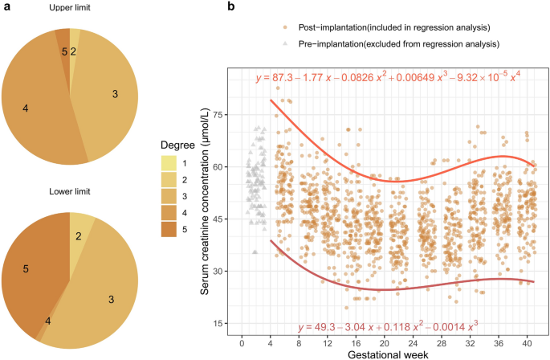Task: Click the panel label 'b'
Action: click(231, 7)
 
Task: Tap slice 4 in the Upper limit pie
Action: click(28, 107)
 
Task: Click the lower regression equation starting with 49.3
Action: click(387, 327)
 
